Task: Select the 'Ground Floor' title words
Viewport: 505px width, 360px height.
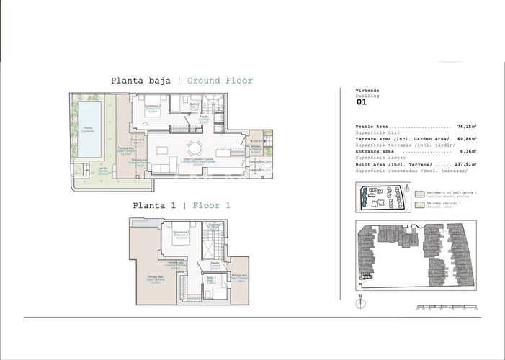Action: pos(220,81)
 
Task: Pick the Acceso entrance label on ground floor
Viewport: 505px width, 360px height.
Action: pos(255,150)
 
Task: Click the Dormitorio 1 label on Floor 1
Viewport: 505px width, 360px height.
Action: pos(181,235)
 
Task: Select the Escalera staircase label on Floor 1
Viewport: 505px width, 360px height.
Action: pos(214,225)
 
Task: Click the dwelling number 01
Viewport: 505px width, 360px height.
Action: pos(362,102)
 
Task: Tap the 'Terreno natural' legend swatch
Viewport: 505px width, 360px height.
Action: pos(419,205)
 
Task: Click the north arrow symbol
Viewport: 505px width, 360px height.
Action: pos(359,302)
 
